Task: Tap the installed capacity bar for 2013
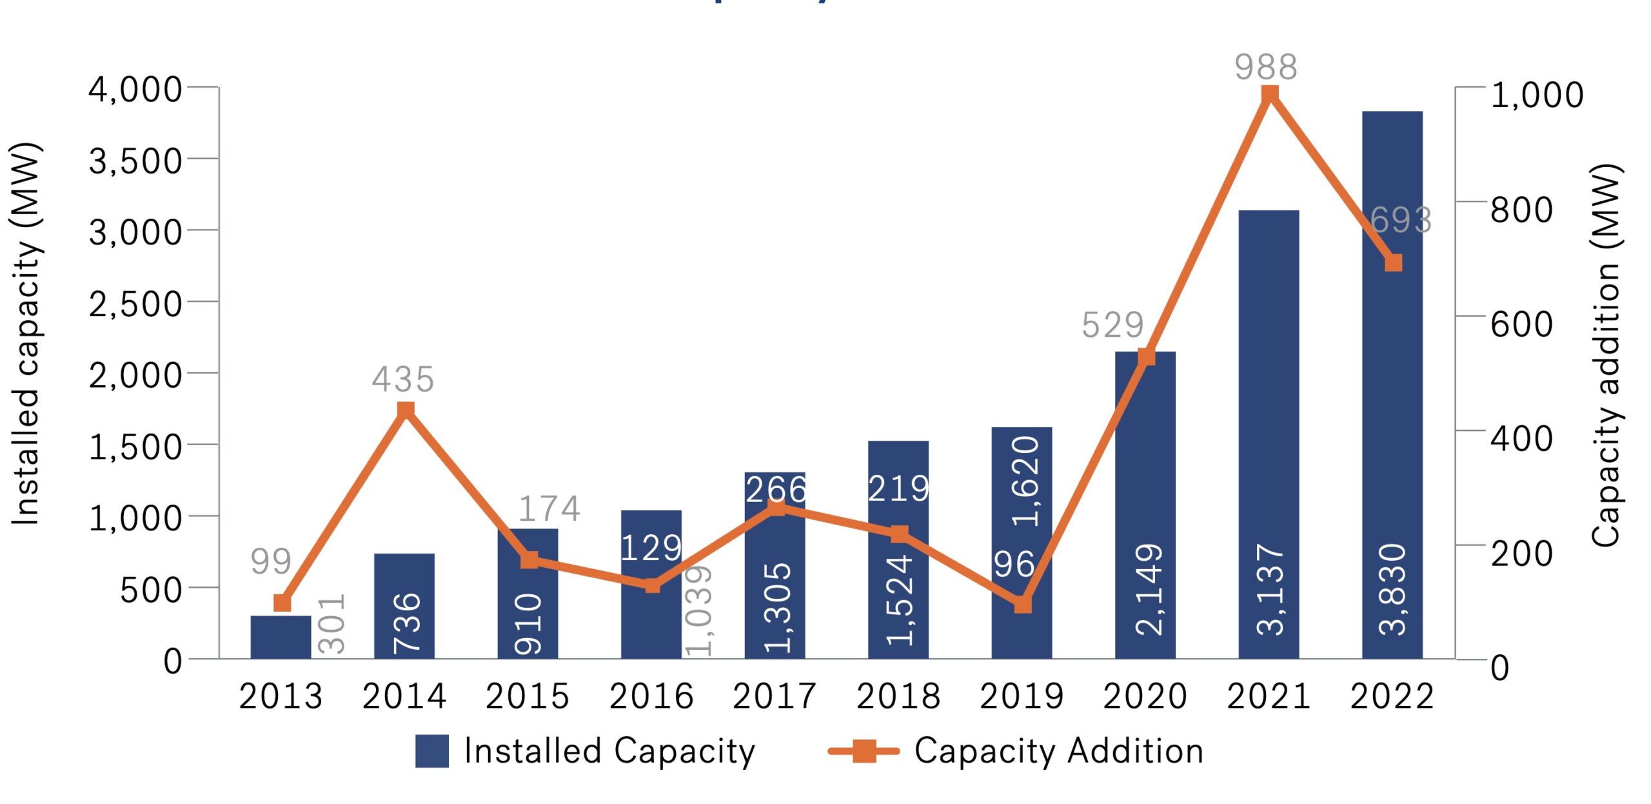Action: point(281,637)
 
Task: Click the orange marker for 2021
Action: point(1269,95)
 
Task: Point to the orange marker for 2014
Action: point(405,410)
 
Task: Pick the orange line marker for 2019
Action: point(1022,605)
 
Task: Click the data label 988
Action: point(1265,67)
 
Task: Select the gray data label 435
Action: point(403,379)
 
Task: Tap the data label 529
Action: point(1112,325)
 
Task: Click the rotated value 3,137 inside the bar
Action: point(1270,588)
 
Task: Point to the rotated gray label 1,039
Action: point(698,610)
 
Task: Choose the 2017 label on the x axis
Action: point(775,696)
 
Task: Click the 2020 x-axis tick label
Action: point(1145,696)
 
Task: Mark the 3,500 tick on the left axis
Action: point(135,161)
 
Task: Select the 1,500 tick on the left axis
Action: point(135,447)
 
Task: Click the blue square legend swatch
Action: point(431,751)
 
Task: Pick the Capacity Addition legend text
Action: point(1059,751)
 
